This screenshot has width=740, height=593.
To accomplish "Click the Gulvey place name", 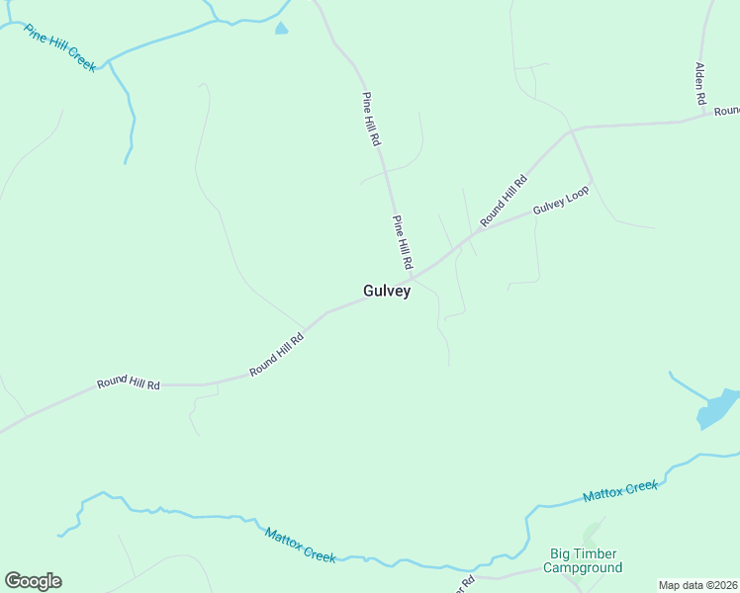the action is click(x=387, y=292).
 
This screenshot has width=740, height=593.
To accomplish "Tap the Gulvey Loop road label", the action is click(x=561, y=201).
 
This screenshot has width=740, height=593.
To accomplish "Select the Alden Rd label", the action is click(x=699, y=84).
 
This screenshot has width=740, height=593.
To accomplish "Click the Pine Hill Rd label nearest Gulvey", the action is click(x=402, y=243).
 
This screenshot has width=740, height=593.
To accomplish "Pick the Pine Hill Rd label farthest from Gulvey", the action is click(x=371, y=120).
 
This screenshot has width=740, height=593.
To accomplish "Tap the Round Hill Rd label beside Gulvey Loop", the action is click(x=505, y=201).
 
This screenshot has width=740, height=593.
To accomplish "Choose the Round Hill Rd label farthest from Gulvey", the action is click(x=128, y=382).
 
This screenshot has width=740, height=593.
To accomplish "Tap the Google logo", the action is click(x=33, y=581).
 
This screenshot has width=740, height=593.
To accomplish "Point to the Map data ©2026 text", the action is click(x=697, y=585).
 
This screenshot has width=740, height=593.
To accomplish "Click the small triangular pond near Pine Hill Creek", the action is click(x=281, y=29).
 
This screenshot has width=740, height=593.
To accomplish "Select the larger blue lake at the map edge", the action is click(x=716, y=408).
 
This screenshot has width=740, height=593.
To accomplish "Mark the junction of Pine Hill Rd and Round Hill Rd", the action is click(x=410, y=277).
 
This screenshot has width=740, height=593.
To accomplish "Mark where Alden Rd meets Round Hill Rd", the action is click(x=705, y=117).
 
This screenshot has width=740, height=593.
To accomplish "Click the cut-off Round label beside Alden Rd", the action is click(x=727, y=111).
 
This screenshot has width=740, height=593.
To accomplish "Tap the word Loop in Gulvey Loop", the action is click(x=578, y=193).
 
